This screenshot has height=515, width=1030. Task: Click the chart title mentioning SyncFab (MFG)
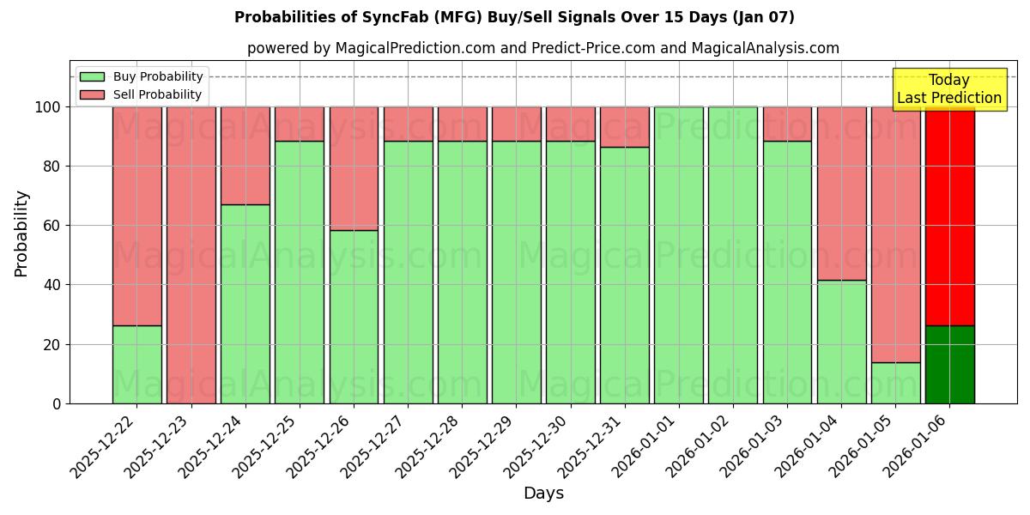tap(514, 17)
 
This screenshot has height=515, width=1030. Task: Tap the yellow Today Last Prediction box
tap(948, 89)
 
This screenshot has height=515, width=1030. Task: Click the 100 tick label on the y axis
tap(48, 107)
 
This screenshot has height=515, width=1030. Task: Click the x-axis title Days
tap(543, 494)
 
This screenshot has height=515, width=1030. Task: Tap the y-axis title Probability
tap(21, 233)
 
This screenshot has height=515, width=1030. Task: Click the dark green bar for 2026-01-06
tap(949, 365)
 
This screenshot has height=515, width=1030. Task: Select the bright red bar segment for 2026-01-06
tap(949, 215)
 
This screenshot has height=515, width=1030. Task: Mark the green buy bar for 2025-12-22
tap(136, 365)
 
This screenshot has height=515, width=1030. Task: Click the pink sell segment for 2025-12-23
tap(191, 255)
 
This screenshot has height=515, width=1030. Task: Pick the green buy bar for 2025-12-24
tap(245, 305)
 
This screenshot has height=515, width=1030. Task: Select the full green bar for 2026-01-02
tap(733, 255)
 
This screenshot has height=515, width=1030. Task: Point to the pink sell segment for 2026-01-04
tap(841, 193)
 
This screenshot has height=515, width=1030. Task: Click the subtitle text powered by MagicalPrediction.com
tap(542, 48)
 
